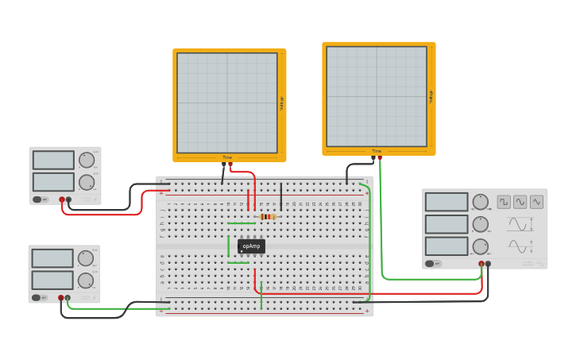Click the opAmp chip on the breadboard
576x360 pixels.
click(251, 246)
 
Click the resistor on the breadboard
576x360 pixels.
click(269, 216)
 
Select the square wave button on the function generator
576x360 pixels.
click(504, 202)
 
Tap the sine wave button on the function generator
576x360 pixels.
click(520, 202)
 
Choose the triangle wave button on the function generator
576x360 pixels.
click(537, 202)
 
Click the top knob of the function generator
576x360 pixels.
click(481, 202)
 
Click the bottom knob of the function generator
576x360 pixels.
click(481, 246)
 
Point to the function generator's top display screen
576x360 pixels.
click(446, 202)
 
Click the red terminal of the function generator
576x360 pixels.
click(481, 264)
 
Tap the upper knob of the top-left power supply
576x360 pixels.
click(86, 160)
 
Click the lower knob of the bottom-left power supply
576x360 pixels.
click(86, 281)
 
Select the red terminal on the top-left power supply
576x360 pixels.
click(62, 199)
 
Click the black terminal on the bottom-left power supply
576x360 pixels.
click(68, 298)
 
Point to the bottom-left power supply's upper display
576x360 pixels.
click(52, 258)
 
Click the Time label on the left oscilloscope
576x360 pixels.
click(227, 157)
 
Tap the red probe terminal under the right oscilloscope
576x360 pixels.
click(380, 157)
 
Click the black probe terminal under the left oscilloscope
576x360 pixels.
click(223, 164)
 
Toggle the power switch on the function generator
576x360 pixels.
click(430, 264)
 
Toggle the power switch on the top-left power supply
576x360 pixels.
click(37, 199)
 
